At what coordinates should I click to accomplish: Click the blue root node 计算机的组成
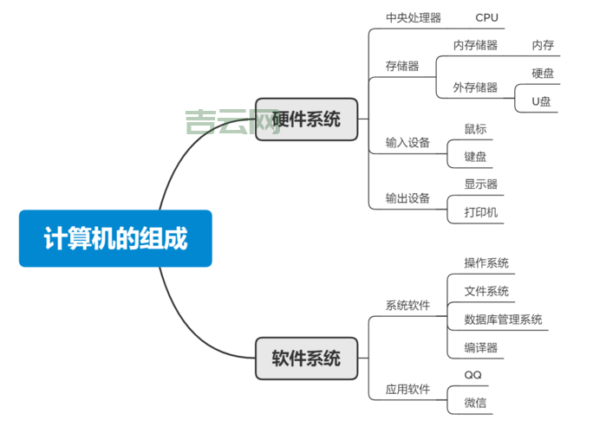click(115, 238)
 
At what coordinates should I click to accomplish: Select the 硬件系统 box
click(306, 120)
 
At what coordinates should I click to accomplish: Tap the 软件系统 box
click(306, 359)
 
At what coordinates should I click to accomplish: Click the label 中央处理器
click(413, 18)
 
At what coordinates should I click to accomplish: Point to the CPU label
click(486, 18)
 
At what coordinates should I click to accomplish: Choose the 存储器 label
click(402, 66)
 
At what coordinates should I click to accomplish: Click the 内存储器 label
click(475, 45)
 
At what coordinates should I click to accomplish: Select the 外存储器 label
click(475, 87)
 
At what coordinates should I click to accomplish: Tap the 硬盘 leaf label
click(543, 74)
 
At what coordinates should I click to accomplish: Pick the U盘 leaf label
click(541, 101)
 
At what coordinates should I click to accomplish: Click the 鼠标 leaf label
click(475, 129)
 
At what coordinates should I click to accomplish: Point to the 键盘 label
click(475, 157)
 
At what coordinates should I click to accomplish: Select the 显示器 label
click(480, 184)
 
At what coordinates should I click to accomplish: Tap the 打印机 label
click(480, 212)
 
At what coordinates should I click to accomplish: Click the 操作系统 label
click(486, 263)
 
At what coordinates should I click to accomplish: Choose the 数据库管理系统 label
click(503, 320)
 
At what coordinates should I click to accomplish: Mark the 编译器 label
click(480, 347)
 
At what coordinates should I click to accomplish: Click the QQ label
click(472, 375)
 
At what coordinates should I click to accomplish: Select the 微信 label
click(475, 403)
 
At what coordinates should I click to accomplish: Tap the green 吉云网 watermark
click(221, 122)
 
